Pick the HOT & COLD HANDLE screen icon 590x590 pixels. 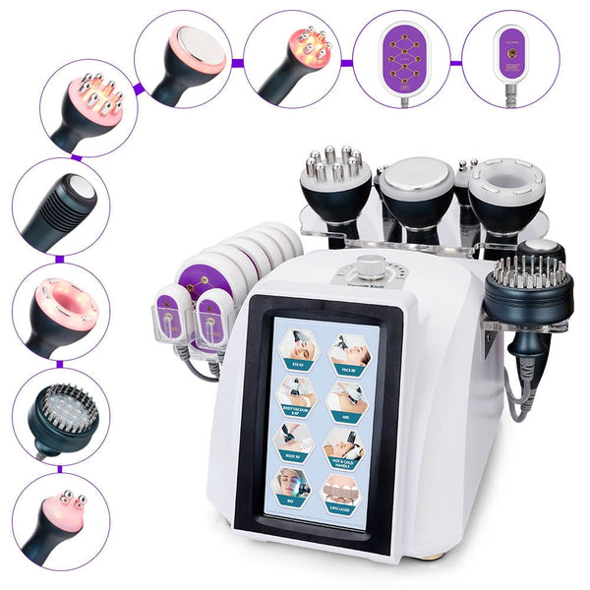pyautogui.click(x=346, y=447)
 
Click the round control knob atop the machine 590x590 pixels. pyautogui.click(x=371, y=265)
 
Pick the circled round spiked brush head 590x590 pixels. pyautogui.click(x=61, y=417)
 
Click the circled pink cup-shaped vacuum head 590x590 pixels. pyautogui.click(x=61, y=311)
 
